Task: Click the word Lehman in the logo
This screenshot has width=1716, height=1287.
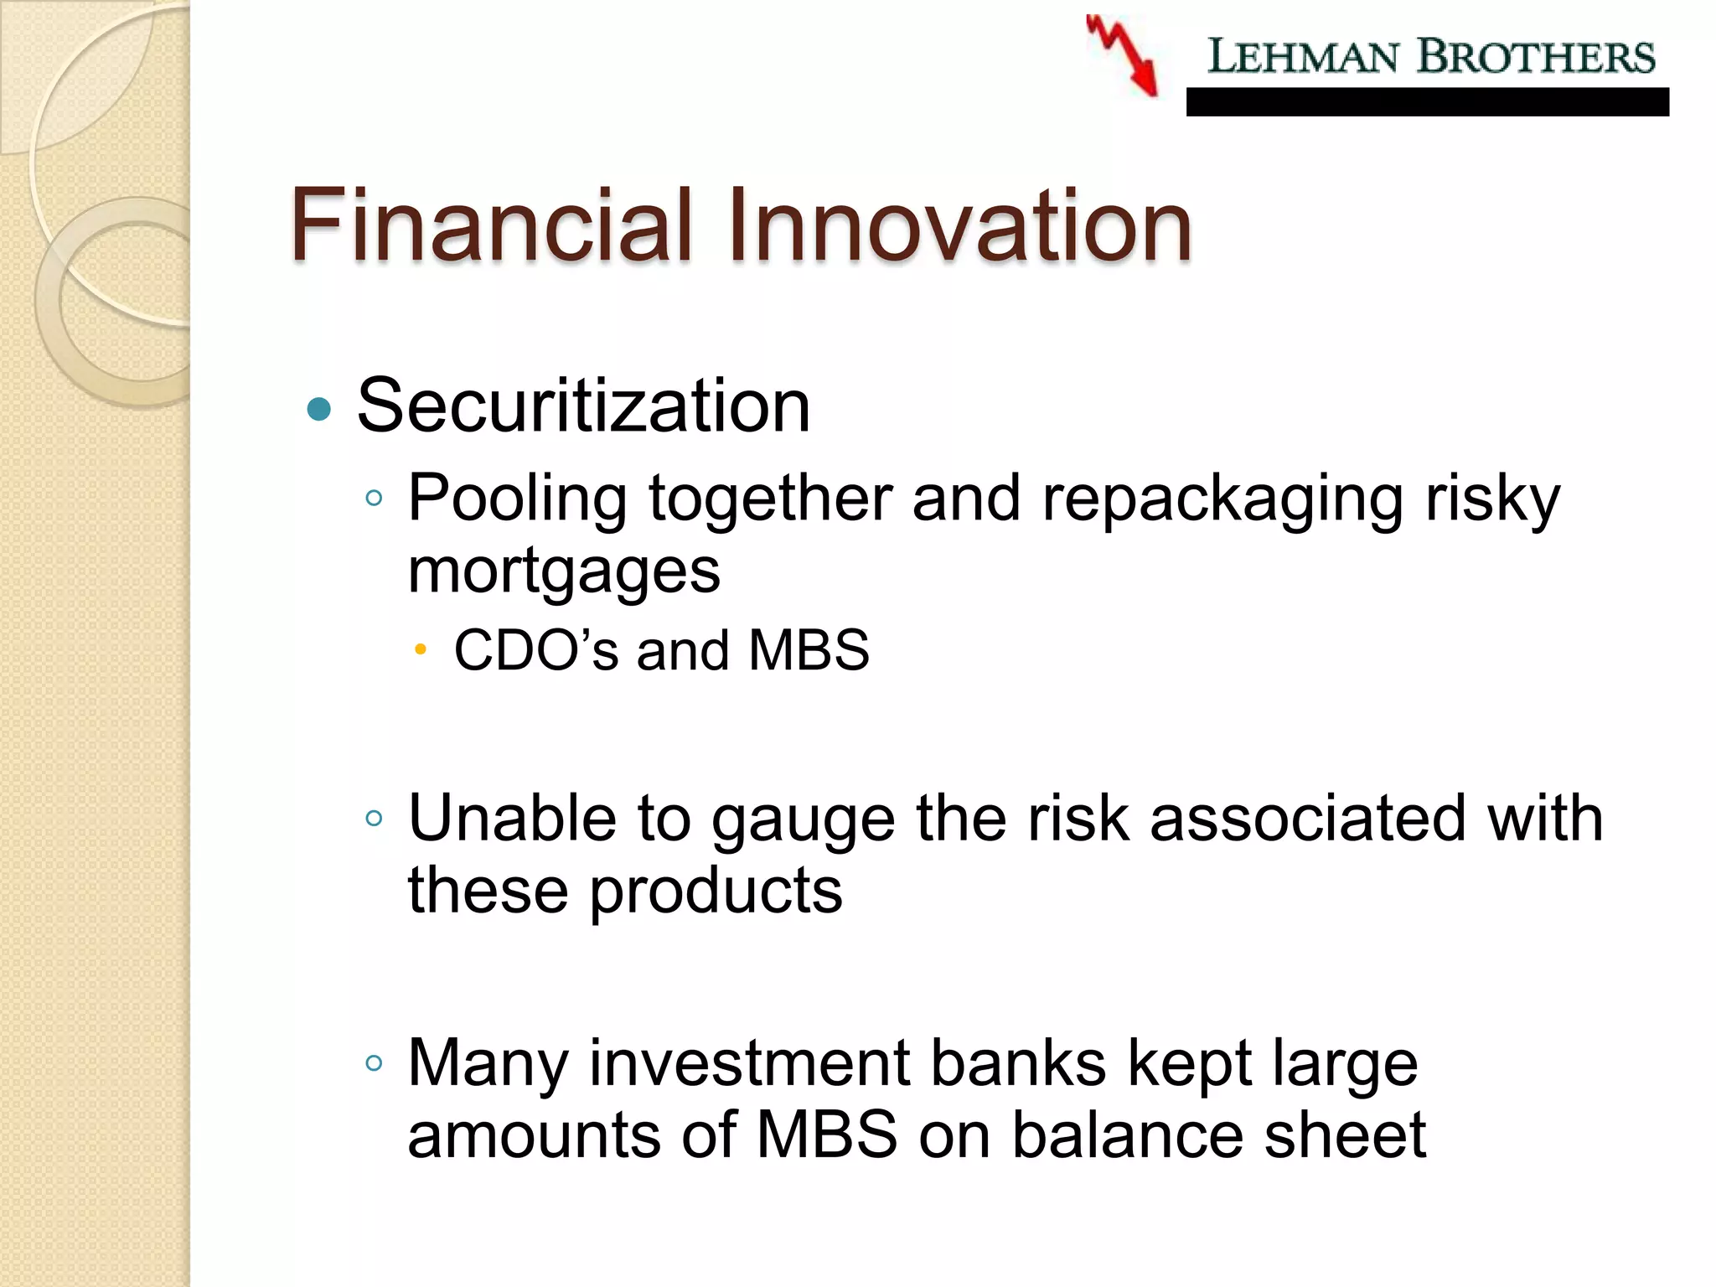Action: pyautogui.click(x=1303, y=57)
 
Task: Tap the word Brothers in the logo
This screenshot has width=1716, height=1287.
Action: pyautogui.click(x=1535, y=57)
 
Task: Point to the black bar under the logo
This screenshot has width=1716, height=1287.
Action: pyautogui.click(x=1427, y=102)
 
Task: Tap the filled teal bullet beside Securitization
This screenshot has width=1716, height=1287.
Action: pyautogui.click(x=319, y=410)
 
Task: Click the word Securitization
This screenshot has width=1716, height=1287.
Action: pyautogui.click(x=583, y=406)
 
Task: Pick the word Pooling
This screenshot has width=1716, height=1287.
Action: pyautogui.click(x=517, y=499)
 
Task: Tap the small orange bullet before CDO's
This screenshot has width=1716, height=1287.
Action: pyautogui.click(x=421, y=649)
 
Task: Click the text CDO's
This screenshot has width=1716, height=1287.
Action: pyautogui.click(x=536, y=650)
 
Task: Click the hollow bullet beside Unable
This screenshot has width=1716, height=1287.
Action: pyautogui.click(x=374, y=819)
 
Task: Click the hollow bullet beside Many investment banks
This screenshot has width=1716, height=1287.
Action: pyautogui.click(x=374, y=1063)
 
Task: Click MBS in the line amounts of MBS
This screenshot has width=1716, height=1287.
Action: pyautogui.click(x=826, y=1135)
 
